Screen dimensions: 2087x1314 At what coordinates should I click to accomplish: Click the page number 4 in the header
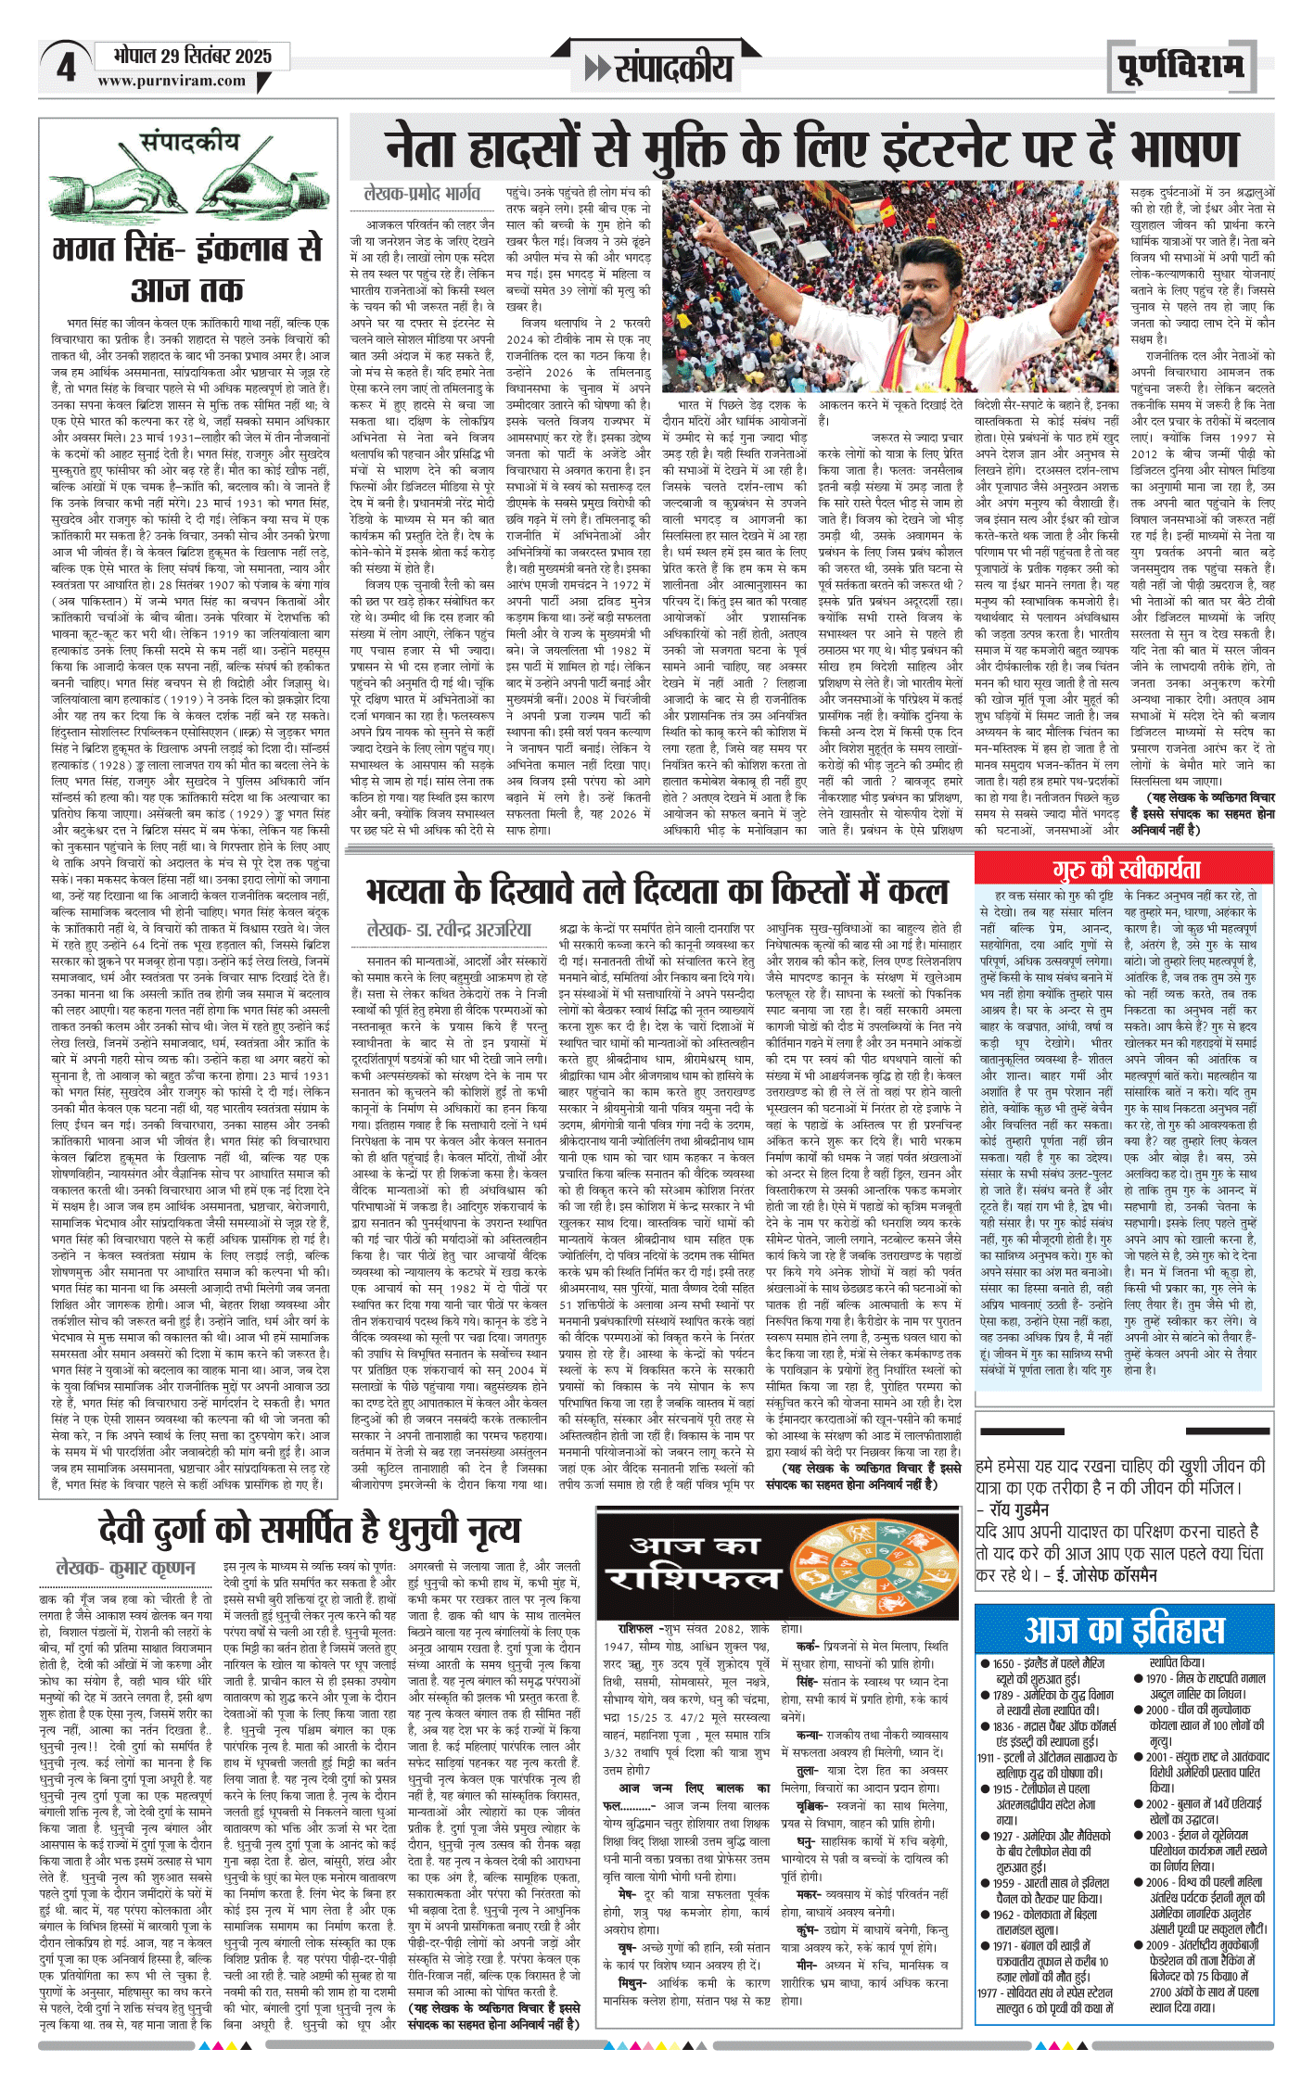pos(66,67)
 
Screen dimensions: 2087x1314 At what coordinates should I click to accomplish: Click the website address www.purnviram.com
pos(172,81)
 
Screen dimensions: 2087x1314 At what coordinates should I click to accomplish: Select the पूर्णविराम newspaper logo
pos(1180,68)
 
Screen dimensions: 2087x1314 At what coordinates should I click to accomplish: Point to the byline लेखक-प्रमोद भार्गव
pos(422,193)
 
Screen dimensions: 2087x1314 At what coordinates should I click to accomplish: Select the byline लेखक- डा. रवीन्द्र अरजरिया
pos(449,929)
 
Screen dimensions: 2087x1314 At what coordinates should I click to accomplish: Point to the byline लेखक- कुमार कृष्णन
pos(126,1568)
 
